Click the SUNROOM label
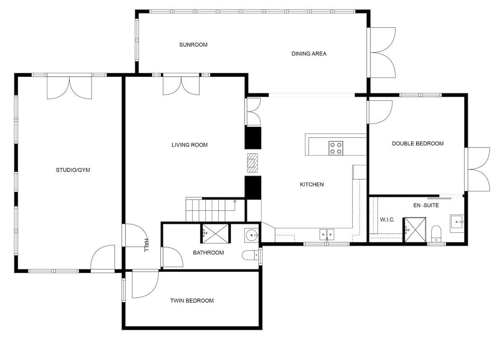tap(193, 45)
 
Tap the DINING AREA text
tap(309, 54)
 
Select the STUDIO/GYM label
tap(73, 170)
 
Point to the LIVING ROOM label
tap(190, 145)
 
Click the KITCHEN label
tap(312, 184)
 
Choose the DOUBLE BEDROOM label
tap(418, 144)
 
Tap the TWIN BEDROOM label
tap(192, 301)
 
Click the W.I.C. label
tap(387, 220)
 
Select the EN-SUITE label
tap(426, 205)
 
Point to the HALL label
tap(146, 245)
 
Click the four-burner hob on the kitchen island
tap(336, 148)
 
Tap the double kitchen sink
tap(327, 235)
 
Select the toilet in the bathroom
tap(250, 255)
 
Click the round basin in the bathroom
tap(251, 236)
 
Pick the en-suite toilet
tap(436, 234)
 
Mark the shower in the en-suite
tap(415, 230)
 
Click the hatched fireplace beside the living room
tap(252, 163)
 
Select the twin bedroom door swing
tap(145, 284)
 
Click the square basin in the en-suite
tap(457, 223)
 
